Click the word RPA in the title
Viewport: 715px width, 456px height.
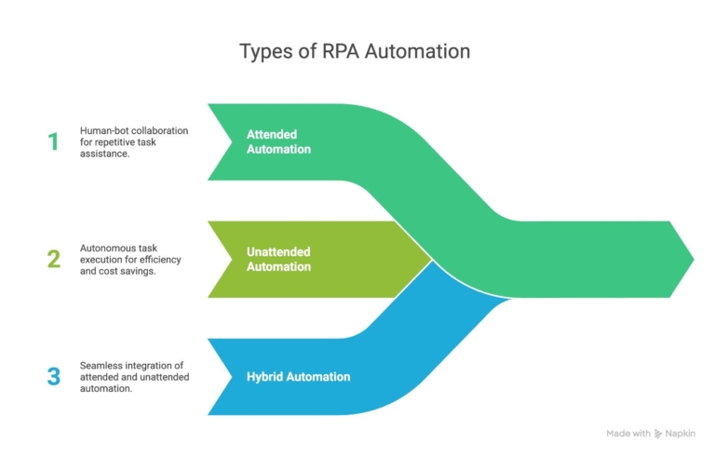tap(337, 51)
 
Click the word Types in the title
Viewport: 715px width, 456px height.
tap(265, 51)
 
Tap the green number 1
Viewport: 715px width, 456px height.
tap(53, 141)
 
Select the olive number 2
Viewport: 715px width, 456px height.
tap(54, 260)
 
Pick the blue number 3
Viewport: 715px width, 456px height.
tap(54, 377)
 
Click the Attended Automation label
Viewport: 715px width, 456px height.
tap(278, 141)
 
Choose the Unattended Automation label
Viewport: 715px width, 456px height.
tap(278, 260)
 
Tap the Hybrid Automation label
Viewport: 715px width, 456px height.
tap(298, 377)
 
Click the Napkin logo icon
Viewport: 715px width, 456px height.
tap(658, 434)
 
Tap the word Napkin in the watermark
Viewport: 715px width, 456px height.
tap(682, 434)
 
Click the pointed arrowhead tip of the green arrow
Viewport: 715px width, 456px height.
tap(694, 259)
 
